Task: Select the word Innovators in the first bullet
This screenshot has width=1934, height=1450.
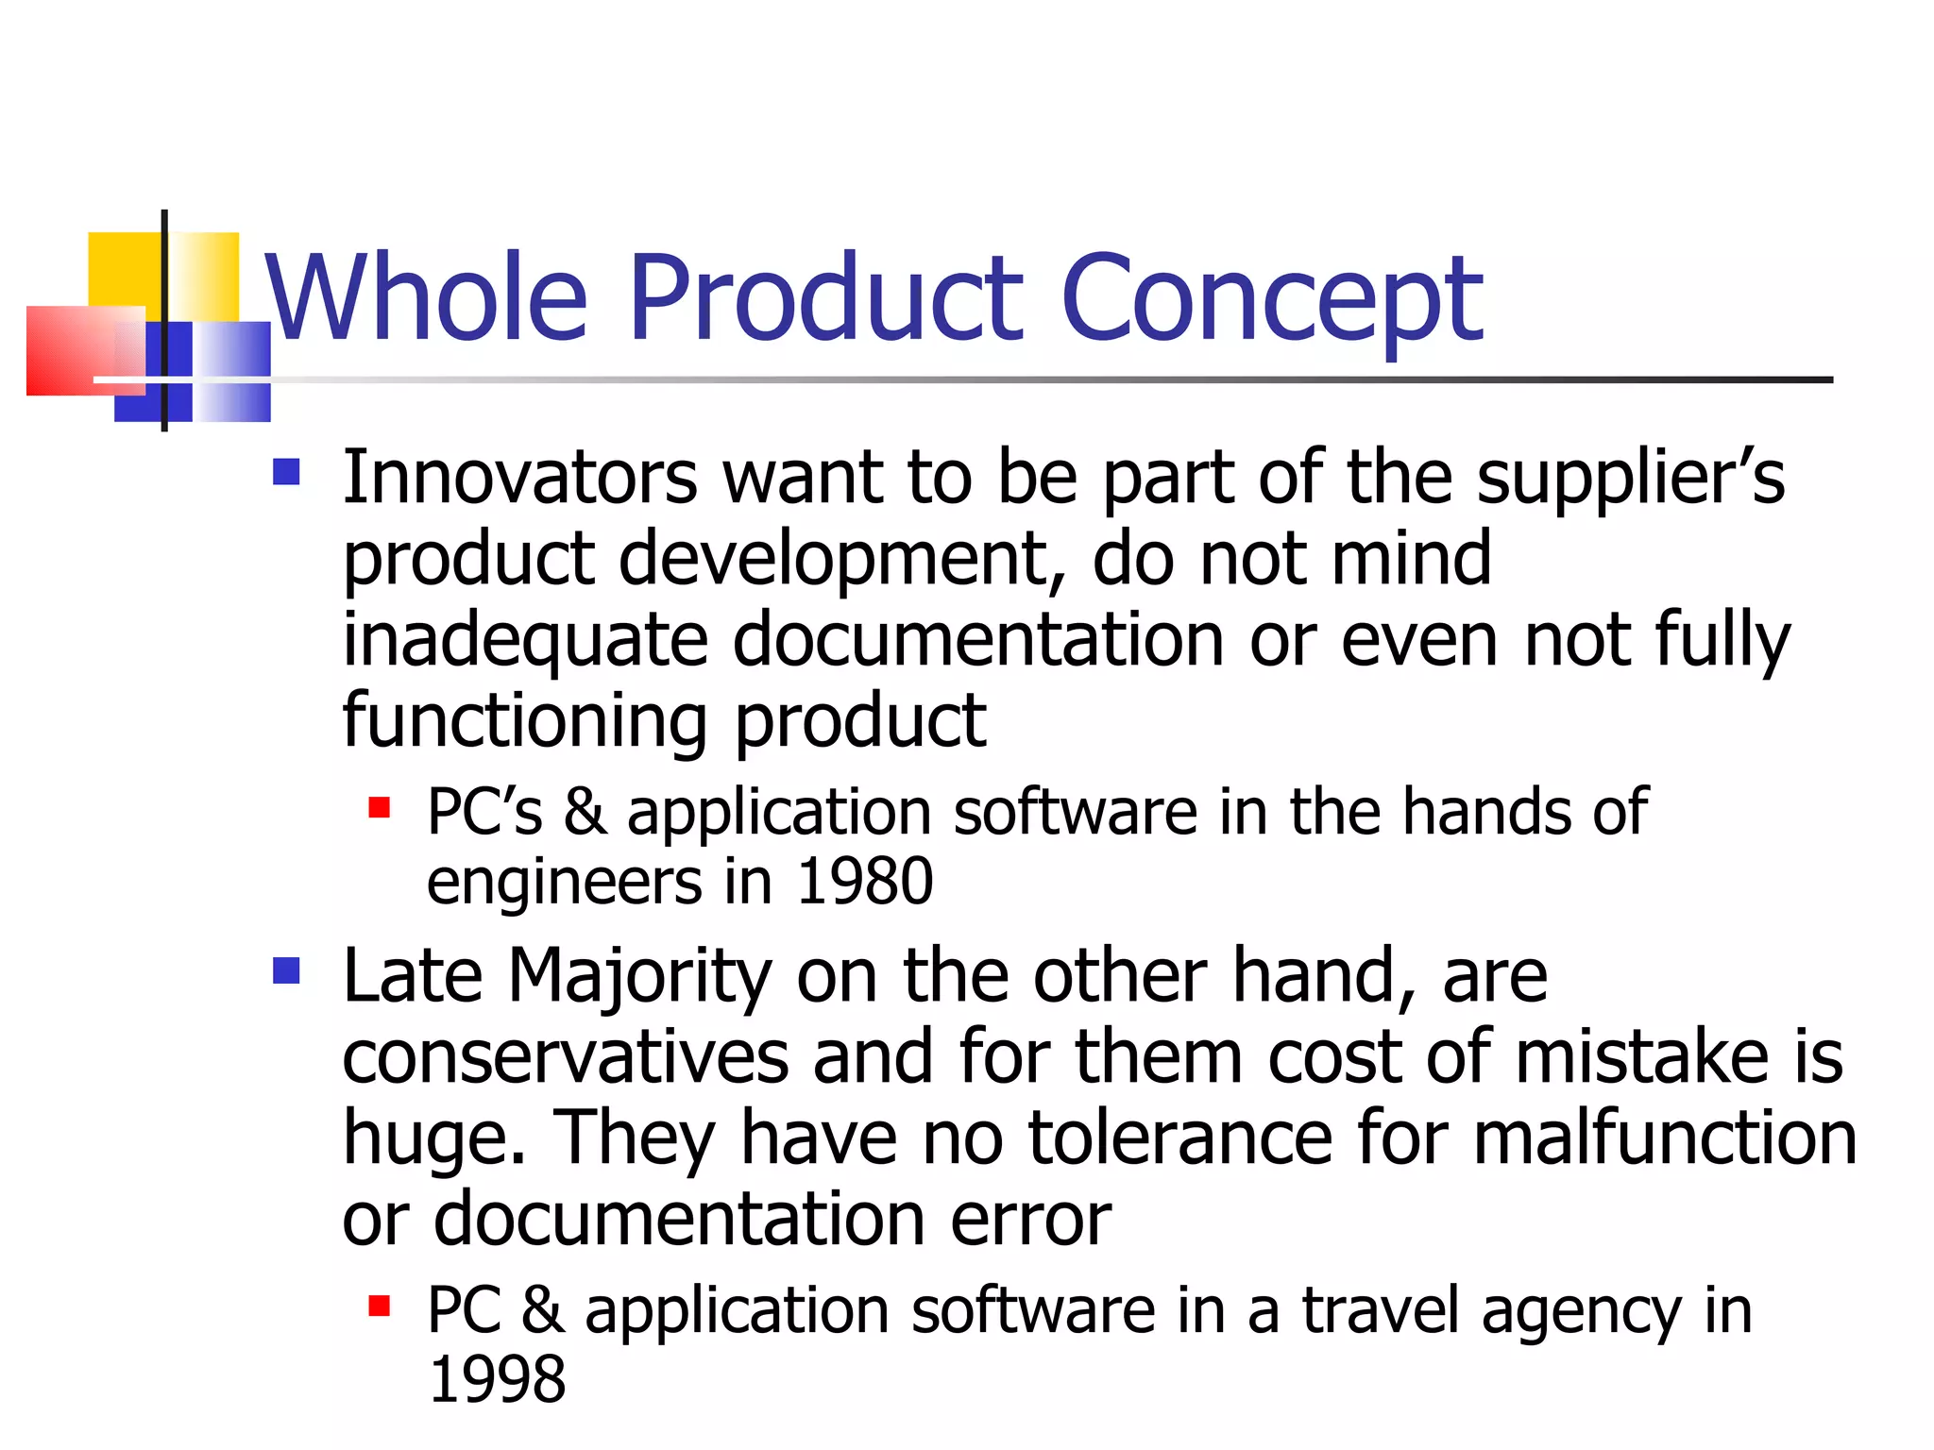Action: (x=519, y=478)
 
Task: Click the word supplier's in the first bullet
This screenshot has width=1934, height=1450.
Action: (x=1631, y=478)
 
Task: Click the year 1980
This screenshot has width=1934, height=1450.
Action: (x=864, y=882)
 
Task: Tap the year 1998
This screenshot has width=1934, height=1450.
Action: (x=498, y=1379)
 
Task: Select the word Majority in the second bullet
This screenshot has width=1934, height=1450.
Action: (x=640, y=976)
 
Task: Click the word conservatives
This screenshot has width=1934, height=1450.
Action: (x=565, y=1057)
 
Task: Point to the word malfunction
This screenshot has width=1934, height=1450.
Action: (x=1665, y=1138)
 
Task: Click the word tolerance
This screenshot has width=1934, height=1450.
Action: (x=1179, y=1138)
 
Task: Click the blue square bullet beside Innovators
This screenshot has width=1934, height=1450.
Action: (x=286, y=471)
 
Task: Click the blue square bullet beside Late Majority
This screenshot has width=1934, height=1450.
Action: (x=286, y=970)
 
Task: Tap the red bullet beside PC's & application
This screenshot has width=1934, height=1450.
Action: (x=380, y=807)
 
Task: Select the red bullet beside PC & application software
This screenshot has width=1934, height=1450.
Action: (x=380, y=1306)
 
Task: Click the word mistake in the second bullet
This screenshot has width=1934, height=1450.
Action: (x=1641, y=1057)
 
